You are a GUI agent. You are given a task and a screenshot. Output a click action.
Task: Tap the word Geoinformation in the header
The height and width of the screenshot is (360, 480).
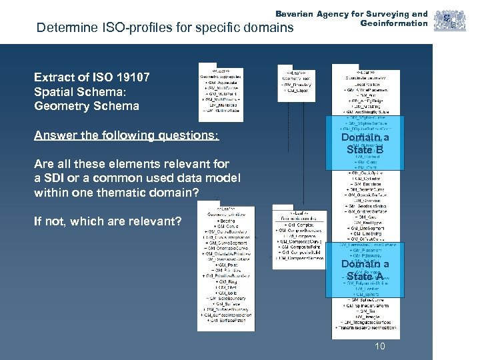394,23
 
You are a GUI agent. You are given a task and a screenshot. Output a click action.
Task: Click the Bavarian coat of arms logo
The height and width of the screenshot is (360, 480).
442,21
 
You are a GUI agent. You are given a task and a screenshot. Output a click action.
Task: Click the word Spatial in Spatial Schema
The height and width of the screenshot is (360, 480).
54,91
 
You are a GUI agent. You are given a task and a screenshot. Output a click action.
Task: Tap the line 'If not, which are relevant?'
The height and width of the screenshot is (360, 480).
107,221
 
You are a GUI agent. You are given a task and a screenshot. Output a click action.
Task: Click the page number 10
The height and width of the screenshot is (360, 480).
380,346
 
